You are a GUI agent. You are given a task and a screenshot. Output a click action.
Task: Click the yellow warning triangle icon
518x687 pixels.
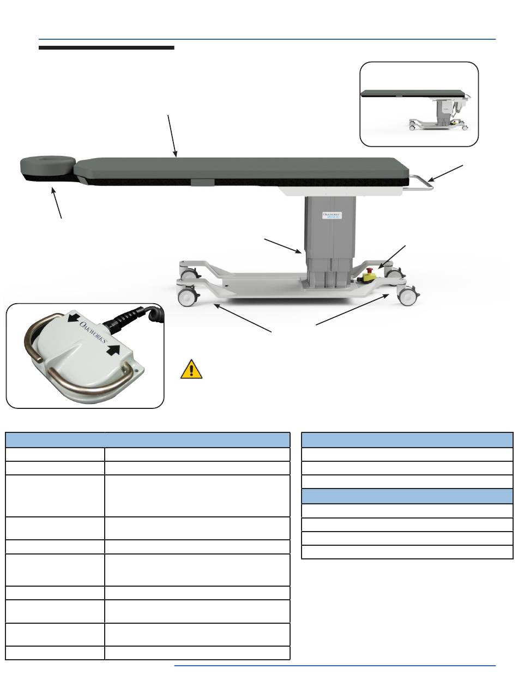tap(191, 369)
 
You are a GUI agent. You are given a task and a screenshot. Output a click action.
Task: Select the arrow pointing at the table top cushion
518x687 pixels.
tap(172, 135)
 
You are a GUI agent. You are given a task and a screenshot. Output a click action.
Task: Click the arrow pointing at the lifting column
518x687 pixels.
tap(282, 246)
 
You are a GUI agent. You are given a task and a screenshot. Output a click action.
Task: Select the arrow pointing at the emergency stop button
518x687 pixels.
tap(393, 256)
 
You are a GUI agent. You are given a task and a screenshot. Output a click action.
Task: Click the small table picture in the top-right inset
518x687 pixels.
tap(419, 109)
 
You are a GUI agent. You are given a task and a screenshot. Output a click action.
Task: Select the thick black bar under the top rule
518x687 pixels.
tap(106, 48)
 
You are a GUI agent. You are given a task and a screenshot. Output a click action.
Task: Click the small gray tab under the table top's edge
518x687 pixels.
tap(203, 182)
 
